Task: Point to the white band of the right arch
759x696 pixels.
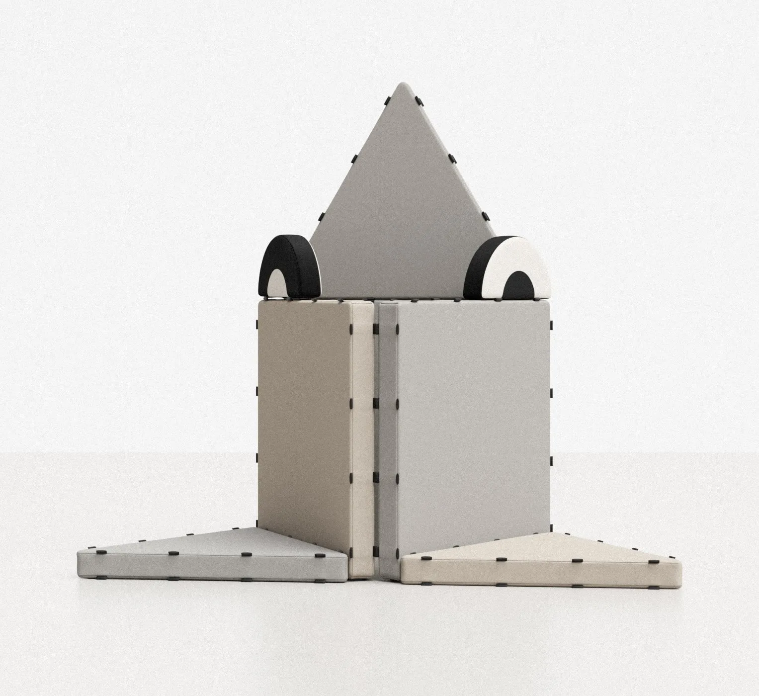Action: pyautogui.click(x=522, y=254)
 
